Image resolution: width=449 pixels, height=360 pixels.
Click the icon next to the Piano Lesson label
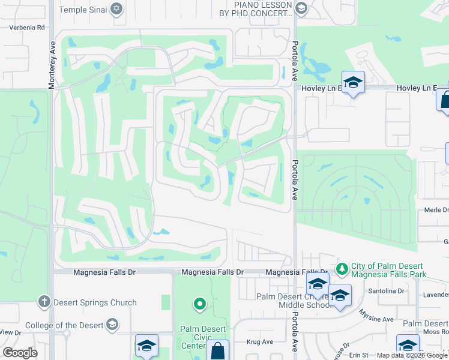click(x=301, y=8)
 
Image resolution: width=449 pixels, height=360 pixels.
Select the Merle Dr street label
click(x=436, y=210)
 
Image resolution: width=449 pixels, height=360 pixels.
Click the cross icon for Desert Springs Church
click(x=43, y=302)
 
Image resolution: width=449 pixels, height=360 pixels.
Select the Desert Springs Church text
click(x=95, y=302)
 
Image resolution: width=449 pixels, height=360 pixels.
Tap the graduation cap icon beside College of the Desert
click(x=111, y=325)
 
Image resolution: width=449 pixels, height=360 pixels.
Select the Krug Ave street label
click(x=260, y=342)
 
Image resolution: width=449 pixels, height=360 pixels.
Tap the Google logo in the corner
click(x=20, y=353)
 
